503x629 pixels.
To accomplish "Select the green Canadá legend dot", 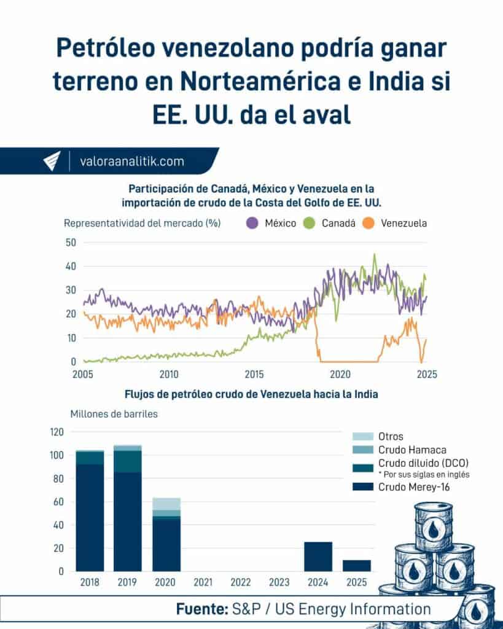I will (310, 223).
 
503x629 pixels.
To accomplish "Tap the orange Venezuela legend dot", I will (369, 223).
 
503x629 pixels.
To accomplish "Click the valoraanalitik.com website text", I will (132, 162).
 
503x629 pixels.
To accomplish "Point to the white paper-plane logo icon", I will (52, 162).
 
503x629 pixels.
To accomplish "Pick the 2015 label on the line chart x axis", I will (254, 375).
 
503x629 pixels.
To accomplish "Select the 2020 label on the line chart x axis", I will (340, 375).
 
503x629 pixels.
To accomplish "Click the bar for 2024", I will (318, 557).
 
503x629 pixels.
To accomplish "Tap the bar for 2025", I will (356, 565).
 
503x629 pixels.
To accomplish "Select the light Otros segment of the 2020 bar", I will (166, 504).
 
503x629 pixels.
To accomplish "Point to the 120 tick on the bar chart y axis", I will (56, 432).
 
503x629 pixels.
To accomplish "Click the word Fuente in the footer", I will (201, 609).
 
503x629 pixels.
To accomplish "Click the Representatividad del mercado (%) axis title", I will (142, 223).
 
